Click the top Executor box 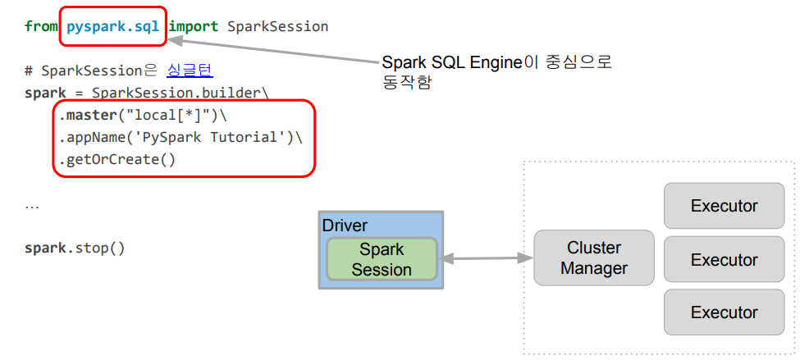pyautogui.click(x=724, y=205)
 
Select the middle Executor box pyautogui.click(x=724, y=259)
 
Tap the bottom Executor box pyautogui.click(x=724, y=312)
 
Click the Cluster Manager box pyautogui.click(x=594, y=257)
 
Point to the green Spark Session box pyautogui.click(x=382, y=259)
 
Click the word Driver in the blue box pyautogui.click(x=345, y=226)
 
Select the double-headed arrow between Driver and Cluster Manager pyautogui.click(x=487, y=258)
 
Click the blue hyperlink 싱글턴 pyautogui.click(x=190, y=71)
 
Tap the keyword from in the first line pyautogui.click(x=41, y=26)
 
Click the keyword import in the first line pyautogui.click(x=194, y=26)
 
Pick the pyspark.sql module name pyautogui.click(x=112, y=26)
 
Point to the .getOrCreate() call pyautogui.click(x=117, y=159)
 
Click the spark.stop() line pyautogui.click(x=75, y=247)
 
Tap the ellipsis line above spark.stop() pyautogui.click(x=32, y=205)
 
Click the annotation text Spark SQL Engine pyautogui.click(x=452, y=63)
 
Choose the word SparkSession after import pyautogui.click(x=277, y=26)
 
